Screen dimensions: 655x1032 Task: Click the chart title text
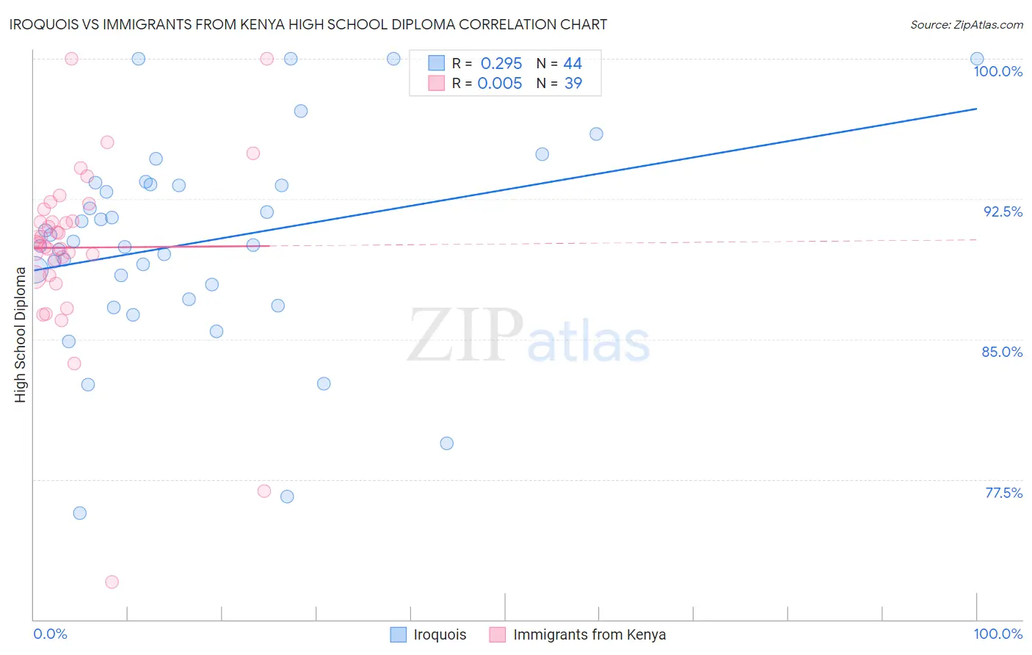pyautogui.click(x=308, y=24)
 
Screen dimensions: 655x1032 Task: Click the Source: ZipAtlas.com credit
pyautogui.click(x=966, y=25)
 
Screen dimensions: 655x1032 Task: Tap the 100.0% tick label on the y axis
pyautogui.click(x=998, y=71)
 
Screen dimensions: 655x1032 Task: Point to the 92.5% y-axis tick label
pyautogui.click(x=1003, y=211)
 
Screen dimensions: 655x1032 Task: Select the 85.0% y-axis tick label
pyautogui.click(x=1002, y=352)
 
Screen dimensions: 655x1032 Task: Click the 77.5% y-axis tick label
pyautogui.click(x=1003, y=493)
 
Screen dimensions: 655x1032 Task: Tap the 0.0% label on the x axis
pyautogui.click(x=50, y=634)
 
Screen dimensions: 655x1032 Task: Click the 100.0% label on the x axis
pyautogui.click(x=998, y=634)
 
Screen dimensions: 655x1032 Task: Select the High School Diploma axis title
pyautogui.click(x=21, y=334)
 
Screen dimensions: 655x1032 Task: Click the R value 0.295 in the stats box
pyautogui.click(x=501, y=64)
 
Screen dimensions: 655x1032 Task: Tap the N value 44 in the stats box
pyautogui.click(x=573, y=64)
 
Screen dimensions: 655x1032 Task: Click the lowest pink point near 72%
pyautogui.click(x=112, y=582)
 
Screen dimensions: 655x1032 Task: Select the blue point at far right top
pyautogui.click(x=977, y=59)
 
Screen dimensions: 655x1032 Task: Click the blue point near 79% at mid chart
pyautogui.click(x=446, y=444)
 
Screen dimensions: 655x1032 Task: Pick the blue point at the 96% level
pyautogui.click(x=596, y=134)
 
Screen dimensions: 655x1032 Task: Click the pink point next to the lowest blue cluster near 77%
pyautogui.click(x=264, y=491)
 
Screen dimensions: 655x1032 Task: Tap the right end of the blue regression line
pyautogui.click(x=976, y=109)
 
